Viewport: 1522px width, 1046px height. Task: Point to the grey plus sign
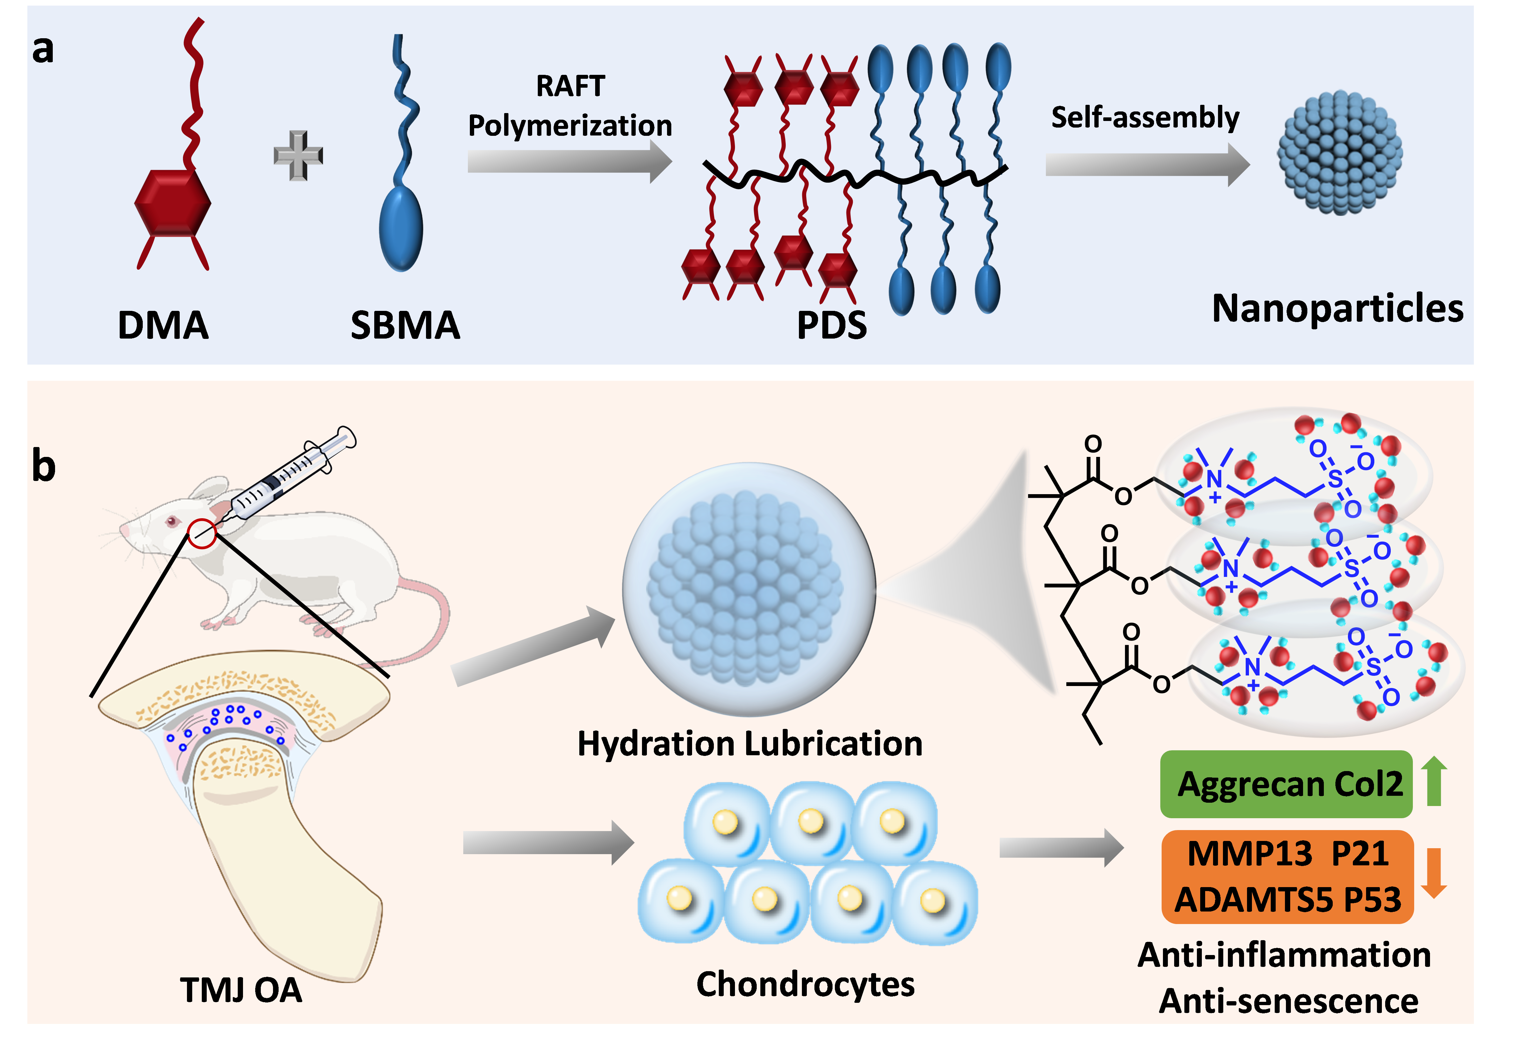click(298, 155)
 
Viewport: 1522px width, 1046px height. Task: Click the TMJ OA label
click(241, 990)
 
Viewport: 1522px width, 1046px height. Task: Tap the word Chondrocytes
click(805, 984)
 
